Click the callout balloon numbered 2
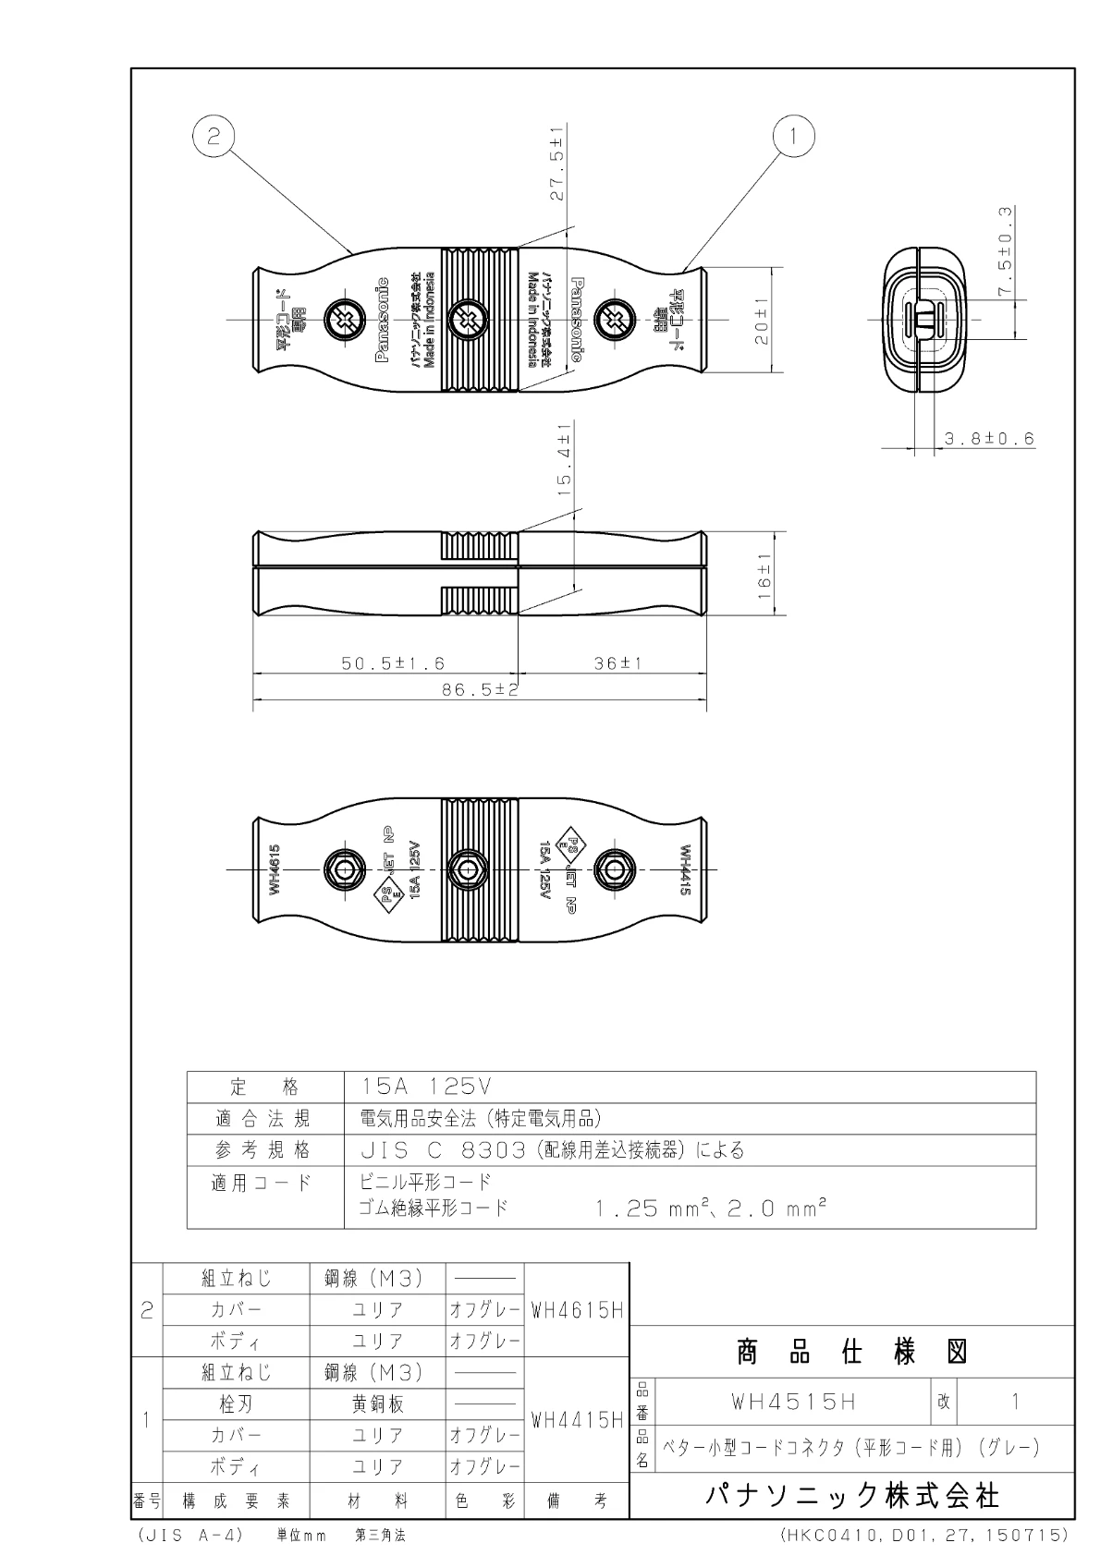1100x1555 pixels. pyautogui.click(x=214, y=138)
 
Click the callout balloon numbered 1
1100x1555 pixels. pyautogui.click(x=792, y=138)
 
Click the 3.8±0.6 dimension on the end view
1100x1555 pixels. pyautogui.click(x=988, y=439)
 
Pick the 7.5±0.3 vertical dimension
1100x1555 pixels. pyautogui.click(x=1005, y=251)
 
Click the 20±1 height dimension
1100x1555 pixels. pyautogui.click(x=762, y=321)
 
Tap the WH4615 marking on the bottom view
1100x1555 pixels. pyautogui.click(x=275, y=869)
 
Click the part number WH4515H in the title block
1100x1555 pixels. pyautogui.click(x=793, y=1402)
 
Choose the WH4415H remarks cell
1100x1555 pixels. pyautogui.click(x=577, y=1419)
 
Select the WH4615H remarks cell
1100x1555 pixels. pyautogui.click(x=577, y=1310)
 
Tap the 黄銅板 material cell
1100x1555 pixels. pyautogui.click(x=377, y=1404)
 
